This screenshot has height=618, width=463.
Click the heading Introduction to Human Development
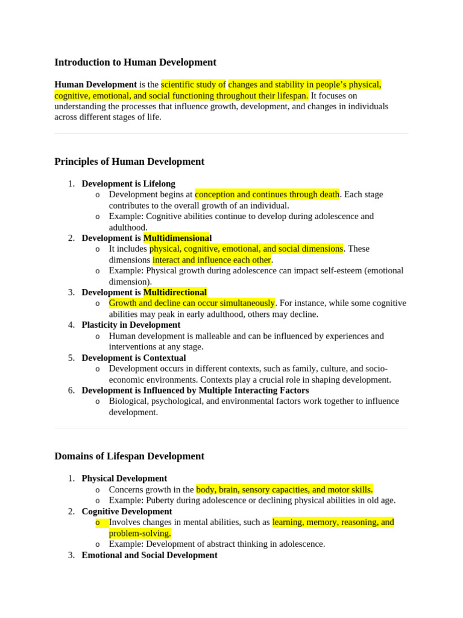point(135,62)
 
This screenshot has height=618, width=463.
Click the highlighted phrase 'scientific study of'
point(193,84)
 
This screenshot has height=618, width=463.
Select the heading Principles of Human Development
point(129,161)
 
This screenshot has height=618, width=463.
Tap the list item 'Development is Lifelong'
point(128,183)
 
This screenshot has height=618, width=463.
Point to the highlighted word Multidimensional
point(177,238)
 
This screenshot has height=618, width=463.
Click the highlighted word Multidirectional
point(175,292)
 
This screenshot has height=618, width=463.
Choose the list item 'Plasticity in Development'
point(131,325)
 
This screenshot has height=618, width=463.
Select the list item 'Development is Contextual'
point(134,357)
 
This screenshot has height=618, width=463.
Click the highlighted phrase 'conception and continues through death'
point(267,194)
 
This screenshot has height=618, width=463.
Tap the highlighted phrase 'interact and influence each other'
point(212,260)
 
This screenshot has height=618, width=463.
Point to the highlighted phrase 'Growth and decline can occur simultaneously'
point(192,303)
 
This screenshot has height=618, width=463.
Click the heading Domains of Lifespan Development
point(129,456)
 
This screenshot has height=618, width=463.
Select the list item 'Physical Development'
point(124,479)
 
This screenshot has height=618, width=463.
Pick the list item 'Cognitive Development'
point(127,511)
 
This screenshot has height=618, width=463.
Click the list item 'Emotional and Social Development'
point(150,555)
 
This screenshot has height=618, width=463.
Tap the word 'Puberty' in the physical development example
point(160,500)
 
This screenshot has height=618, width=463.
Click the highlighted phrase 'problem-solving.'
point(140,533)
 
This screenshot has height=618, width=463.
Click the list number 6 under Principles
point(71,390)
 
